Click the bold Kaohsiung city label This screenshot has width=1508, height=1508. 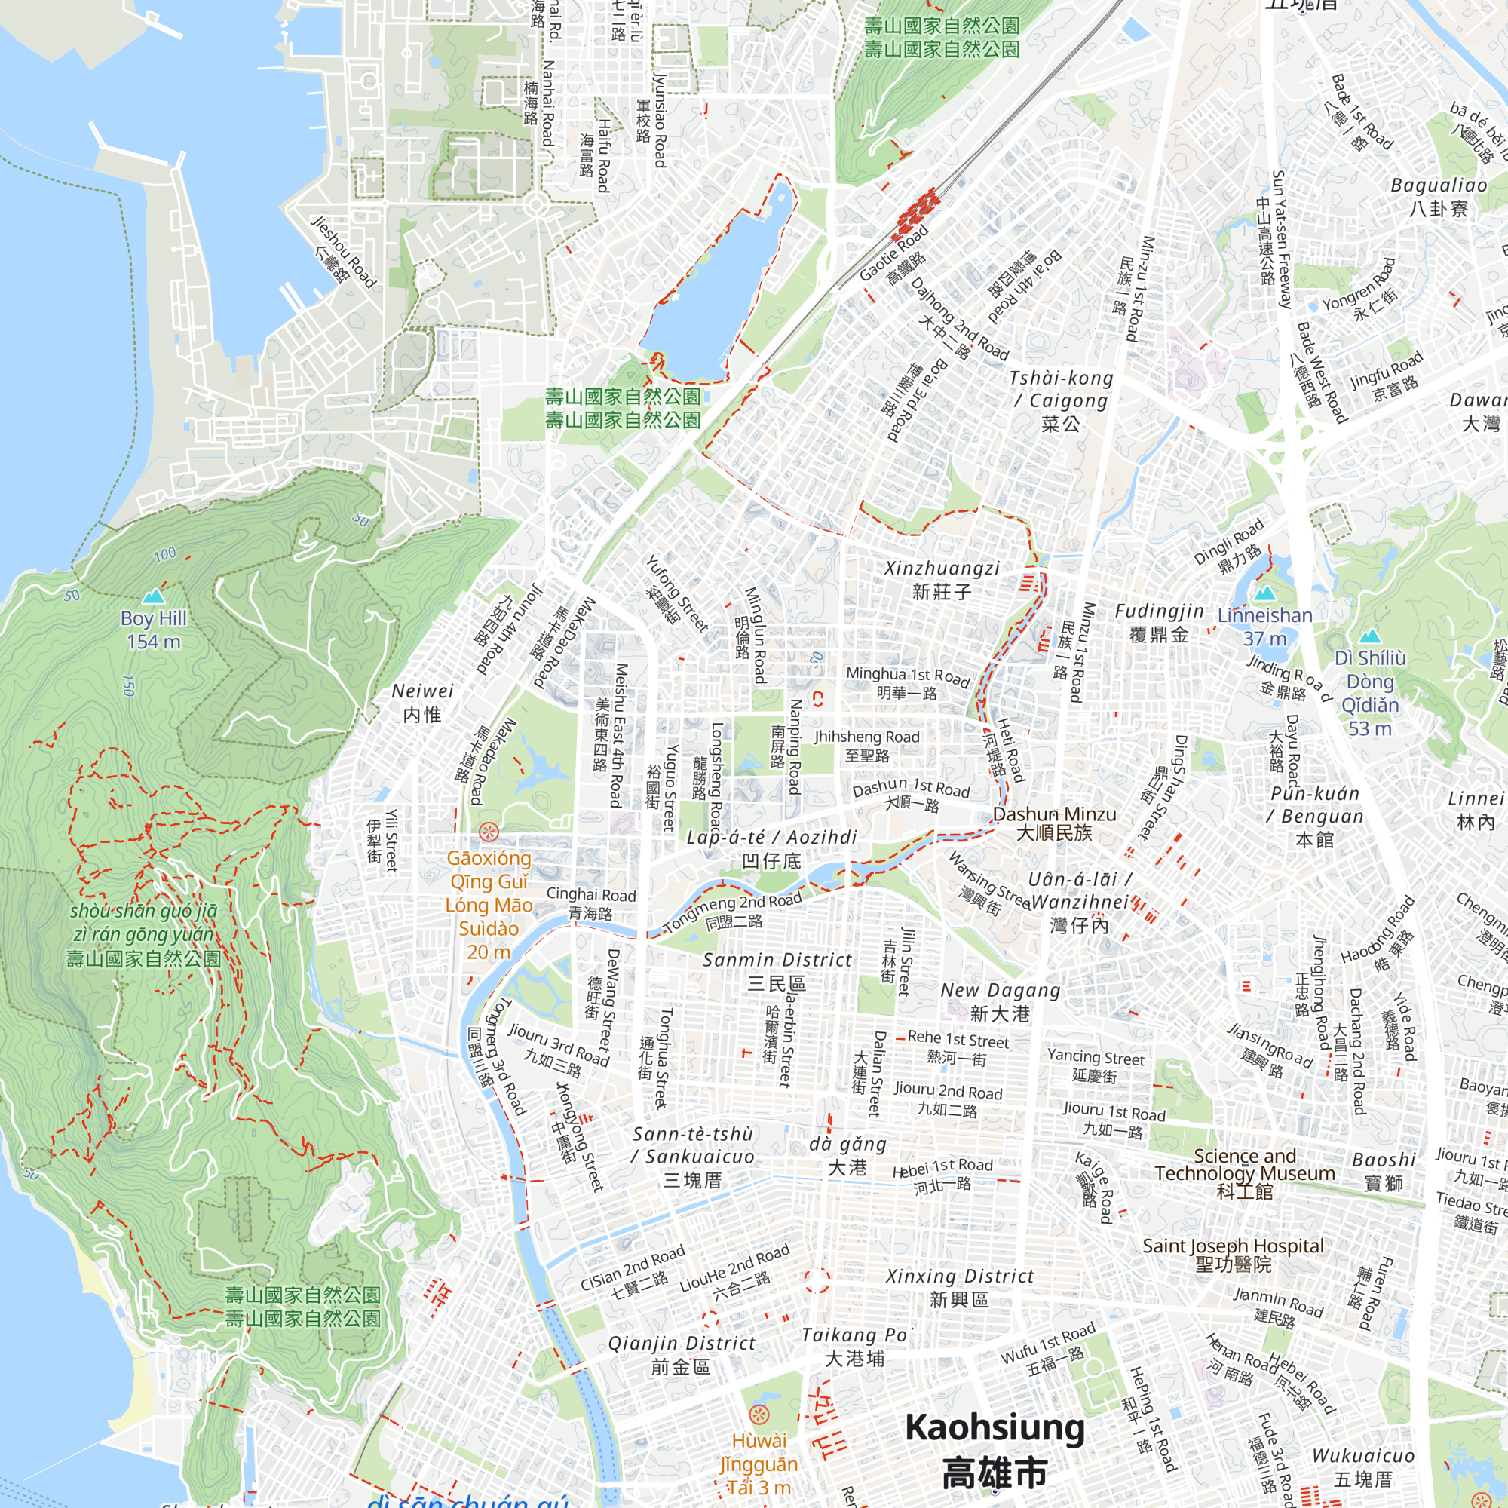coord(995,1449)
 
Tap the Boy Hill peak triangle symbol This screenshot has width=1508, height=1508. coord(154,596)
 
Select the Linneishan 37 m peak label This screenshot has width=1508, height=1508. coord(1264,626)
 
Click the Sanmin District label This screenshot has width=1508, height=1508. coord(777,970)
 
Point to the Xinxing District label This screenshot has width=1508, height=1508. coord(959,1287)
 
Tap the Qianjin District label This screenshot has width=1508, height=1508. coord(682,1354)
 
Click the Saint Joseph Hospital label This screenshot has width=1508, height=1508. coord(1233,1255)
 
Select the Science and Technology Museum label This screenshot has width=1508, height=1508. coord(1244,1172)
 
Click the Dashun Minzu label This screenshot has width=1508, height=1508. coord(1054,823)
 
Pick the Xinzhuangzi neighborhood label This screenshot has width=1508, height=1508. coord(941,579)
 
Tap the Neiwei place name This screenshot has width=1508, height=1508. coord(422,702)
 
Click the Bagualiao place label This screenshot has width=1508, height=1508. coord(1439,196)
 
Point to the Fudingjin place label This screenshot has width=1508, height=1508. coord(1158,622)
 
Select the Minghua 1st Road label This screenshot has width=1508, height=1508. coord(907,682)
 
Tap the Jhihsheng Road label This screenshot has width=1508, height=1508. coord(866,745)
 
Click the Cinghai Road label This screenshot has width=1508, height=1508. coord(591,903)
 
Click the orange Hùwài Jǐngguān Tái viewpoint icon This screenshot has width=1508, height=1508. coord(759,1415)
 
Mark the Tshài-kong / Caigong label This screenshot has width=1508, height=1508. coord(1062,400)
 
